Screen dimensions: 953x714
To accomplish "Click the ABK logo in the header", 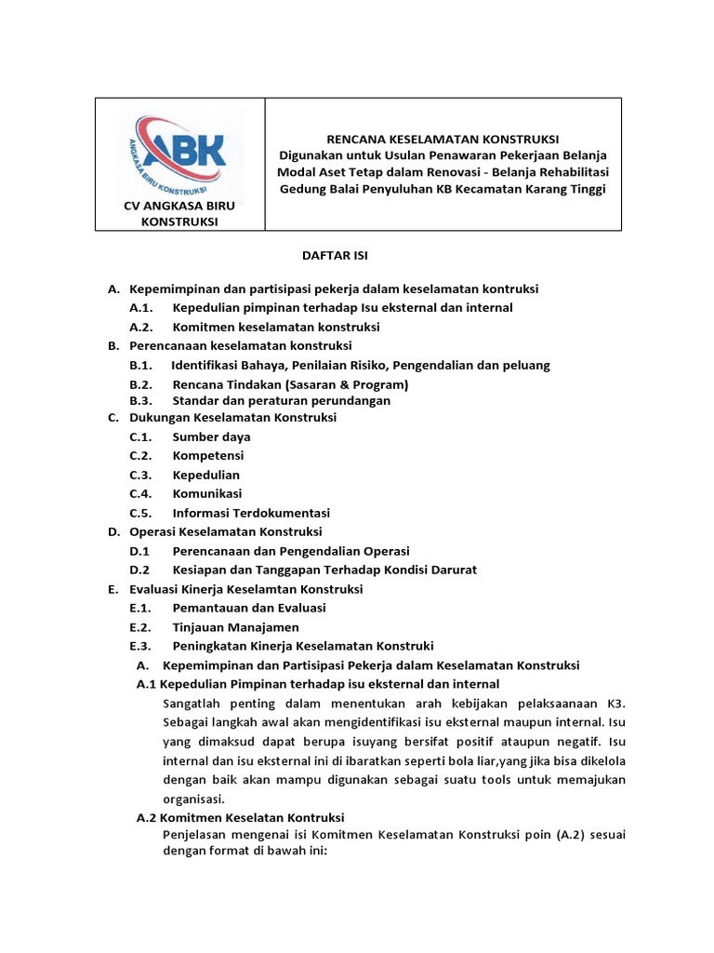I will [179, 152].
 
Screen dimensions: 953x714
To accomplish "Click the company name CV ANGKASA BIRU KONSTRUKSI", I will [179, 214].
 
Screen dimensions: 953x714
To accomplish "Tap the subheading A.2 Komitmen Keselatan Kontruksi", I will [241, 818].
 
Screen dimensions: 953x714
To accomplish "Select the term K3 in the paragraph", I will [616, 702].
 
